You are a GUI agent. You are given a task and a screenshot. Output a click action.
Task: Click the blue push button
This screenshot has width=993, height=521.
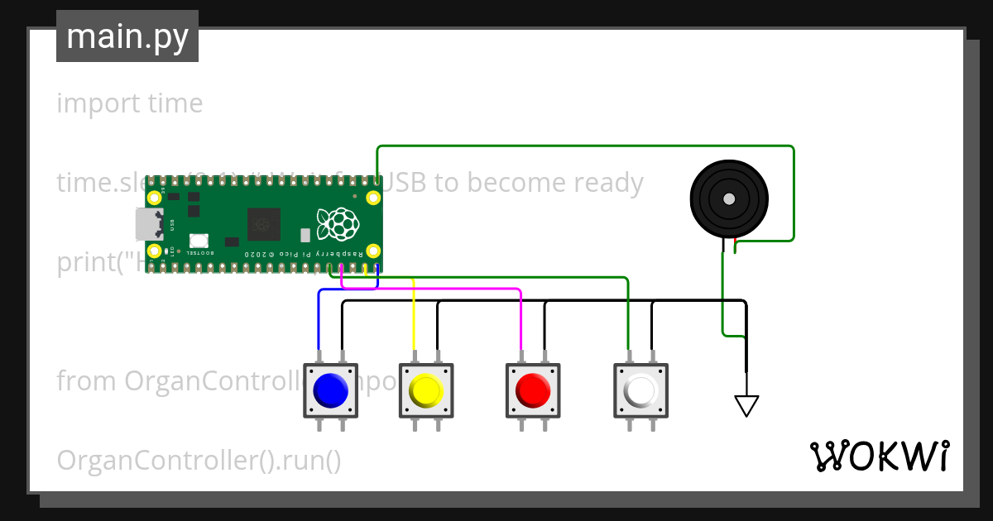point(331,390)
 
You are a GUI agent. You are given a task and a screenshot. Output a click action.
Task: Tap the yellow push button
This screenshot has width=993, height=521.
point(426,390)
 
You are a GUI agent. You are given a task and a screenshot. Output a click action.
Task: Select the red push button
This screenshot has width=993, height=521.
point(532,390)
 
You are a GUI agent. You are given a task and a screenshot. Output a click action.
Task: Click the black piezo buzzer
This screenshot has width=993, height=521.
point(729,199)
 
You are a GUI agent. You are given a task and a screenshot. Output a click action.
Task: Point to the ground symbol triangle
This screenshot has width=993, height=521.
point(746,405)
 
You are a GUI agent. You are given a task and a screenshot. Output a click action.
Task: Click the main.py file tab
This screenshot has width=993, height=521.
point(127,36)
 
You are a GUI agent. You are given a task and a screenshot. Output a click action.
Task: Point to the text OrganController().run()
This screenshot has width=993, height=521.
point(199,461)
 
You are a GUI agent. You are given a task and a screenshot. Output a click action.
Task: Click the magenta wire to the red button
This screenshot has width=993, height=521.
point(520,323)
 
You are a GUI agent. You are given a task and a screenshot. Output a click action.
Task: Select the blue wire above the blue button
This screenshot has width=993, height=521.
point(319,323)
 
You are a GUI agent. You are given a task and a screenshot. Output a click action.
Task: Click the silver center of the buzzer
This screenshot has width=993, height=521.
point(729,199)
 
